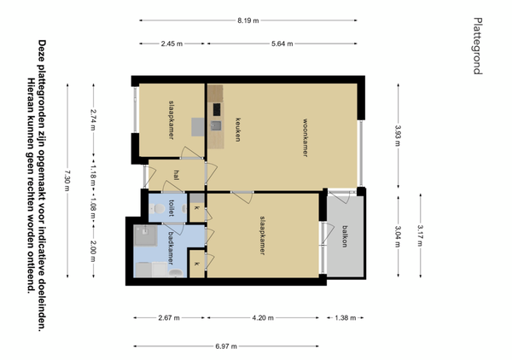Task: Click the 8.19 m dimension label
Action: coord(247,20)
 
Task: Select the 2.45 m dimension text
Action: coord(172,44)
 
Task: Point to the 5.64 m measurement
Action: coord(282,44)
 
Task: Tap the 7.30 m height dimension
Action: coord(67,181)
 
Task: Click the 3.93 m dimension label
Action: coord(398,136)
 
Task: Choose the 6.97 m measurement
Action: coord(226,346)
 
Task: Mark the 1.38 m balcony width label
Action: coord(345,318)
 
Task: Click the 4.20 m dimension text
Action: coord(263,318)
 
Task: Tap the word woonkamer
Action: coord(305,137)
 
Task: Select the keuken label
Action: coord(238,130)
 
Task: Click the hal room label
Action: coord(177,175)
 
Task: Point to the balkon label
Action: coord(345,236)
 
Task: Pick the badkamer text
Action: coord(170,248)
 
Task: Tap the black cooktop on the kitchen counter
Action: coord(217,109)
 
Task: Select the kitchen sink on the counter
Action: coord(216,125)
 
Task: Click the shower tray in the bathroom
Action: coord(146,235)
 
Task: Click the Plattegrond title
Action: coord(478,46)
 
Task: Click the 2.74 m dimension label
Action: coord(93,119)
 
